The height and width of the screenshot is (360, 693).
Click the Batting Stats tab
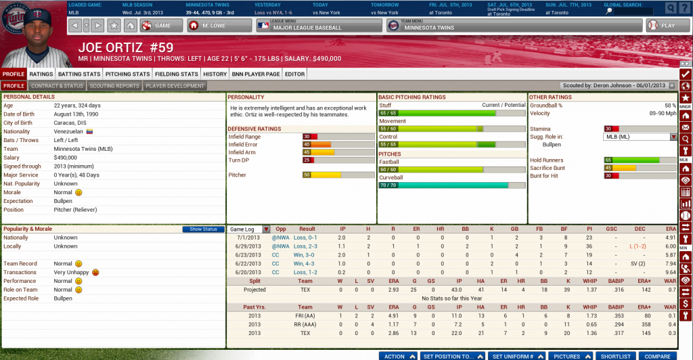pos(79,74)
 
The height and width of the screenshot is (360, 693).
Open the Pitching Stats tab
pos(127,74)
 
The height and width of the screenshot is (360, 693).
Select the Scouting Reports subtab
pos(114,86)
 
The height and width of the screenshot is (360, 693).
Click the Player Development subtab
pos(175,86)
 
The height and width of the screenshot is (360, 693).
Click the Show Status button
pos(203,229)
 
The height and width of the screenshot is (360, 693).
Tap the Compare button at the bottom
pos(657,356)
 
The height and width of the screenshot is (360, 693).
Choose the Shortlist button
pos(616,356)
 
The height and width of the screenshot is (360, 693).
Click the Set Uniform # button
pos(513,356)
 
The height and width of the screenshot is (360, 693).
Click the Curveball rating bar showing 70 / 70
pos(451,185)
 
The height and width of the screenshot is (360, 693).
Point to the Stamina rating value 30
pos(608,129)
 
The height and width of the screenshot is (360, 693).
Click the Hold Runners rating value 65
pos(608,160)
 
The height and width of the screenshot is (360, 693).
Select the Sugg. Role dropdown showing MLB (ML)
pos(640,137)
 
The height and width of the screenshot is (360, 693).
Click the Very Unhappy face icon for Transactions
pos(96,272)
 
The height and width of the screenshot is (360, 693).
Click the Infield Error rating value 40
pos(307,144)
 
